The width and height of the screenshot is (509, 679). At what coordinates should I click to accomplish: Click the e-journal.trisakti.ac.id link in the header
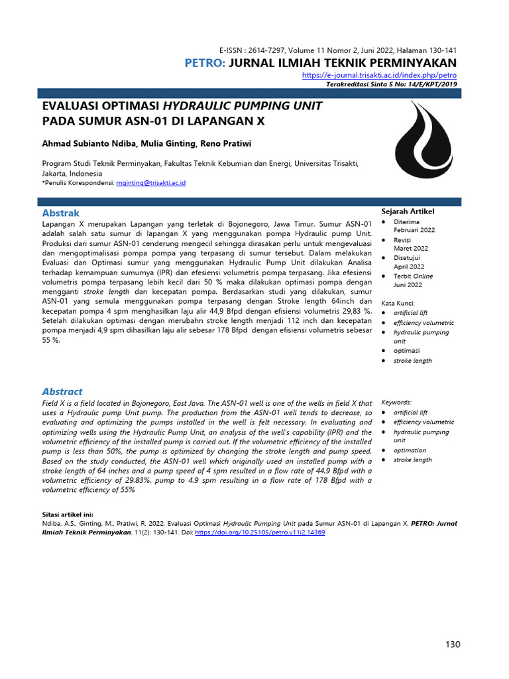click(x=379, y=76)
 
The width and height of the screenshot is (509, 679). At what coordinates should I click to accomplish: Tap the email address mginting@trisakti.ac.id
click(x=150, y=182)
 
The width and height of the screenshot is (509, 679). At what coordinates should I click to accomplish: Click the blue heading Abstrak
click(x=60, y=213)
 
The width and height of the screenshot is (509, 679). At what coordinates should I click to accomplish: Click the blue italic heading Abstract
click(x=62, y=391)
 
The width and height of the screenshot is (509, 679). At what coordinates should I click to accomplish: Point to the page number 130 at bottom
click(x=452, y=645)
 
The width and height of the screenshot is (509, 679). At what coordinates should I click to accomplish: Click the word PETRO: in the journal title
click(x=205, y=62)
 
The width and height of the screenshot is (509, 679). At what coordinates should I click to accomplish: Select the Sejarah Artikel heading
click(x=408, y=211)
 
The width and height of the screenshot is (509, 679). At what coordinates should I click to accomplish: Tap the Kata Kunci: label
click(x=398, y=303)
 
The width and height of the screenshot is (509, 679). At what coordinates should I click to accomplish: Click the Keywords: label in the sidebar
click(x=396, y=402)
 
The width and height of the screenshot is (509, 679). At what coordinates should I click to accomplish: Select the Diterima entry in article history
click(x=406, y=221)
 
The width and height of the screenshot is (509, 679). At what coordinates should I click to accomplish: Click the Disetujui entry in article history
click(x=407, y=257)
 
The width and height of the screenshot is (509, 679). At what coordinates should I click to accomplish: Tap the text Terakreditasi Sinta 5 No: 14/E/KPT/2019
click(x=392, y=84)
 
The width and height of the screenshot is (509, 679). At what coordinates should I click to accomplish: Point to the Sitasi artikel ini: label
click(x=67, y=514)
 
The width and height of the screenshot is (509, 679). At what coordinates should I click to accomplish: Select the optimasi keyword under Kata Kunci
click(x=406, y=350)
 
